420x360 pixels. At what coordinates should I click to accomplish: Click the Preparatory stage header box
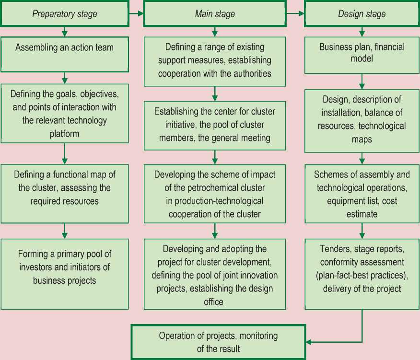64,13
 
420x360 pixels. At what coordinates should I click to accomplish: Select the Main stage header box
215,13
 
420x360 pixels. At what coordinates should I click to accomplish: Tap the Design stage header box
362,13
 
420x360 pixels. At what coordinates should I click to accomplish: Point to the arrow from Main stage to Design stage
295,14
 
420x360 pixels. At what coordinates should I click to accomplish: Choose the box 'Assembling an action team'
64,53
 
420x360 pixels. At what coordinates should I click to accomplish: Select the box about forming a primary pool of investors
64,274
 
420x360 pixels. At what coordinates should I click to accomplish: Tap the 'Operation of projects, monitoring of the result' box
218,342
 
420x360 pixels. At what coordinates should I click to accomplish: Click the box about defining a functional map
64,194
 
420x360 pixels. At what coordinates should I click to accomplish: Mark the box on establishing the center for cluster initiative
215,125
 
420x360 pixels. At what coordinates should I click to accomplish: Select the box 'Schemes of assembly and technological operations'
362,194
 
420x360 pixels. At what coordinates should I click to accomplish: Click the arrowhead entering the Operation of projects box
309,342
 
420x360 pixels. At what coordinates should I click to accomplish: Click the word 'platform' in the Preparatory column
64,134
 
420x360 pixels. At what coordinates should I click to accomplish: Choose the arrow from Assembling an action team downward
64,77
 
